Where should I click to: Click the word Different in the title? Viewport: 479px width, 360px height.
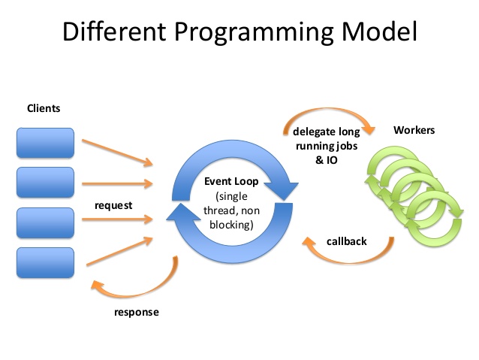pos(114,32)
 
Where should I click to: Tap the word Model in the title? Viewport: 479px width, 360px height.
pos(379,32)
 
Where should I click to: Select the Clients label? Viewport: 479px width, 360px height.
pos(44,108)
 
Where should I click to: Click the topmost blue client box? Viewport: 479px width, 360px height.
pos(45,143)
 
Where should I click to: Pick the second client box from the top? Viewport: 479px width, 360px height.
pos(45,183)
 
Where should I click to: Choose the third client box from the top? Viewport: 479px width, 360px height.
pos(45,222)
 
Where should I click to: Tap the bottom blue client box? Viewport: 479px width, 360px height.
pos(45,263)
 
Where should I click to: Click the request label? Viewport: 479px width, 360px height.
pos(113,205)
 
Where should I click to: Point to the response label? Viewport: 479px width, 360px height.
pos(137,313)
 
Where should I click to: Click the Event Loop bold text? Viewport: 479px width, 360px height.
pos(231,181)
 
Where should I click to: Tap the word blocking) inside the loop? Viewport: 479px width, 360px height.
pos(231,225)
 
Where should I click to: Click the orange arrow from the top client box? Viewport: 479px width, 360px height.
pos(117,153)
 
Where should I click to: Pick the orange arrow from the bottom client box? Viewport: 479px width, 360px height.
pos(119,251)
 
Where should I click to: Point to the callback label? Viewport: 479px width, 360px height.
pos(346,241)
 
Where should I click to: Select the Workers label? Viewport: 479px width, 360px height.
pos(414,130)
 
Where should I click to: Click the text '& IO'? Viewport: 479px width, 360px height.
pos(327,160)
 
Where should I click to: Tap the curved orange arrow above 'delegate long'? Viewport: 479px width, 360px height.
pos(328,110)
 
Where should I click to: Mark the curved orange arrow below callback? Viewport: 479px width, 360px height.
pos(348,262)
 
